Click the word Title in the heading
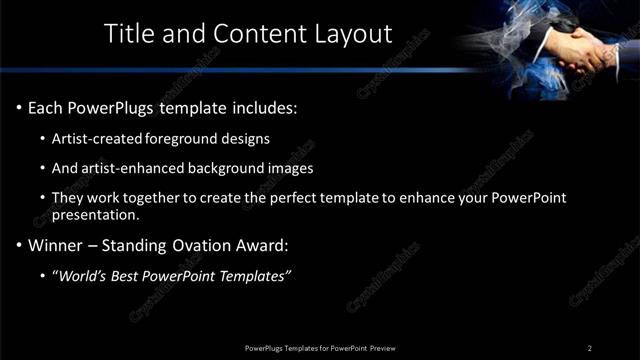point(130,33)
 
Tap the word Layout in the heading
point(356,33)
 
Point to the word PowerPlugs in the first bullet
point(119,107)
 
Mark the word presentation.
point(95,214)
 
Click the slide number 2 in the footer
point(590,347)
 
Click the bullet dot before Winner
point(19,245)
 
